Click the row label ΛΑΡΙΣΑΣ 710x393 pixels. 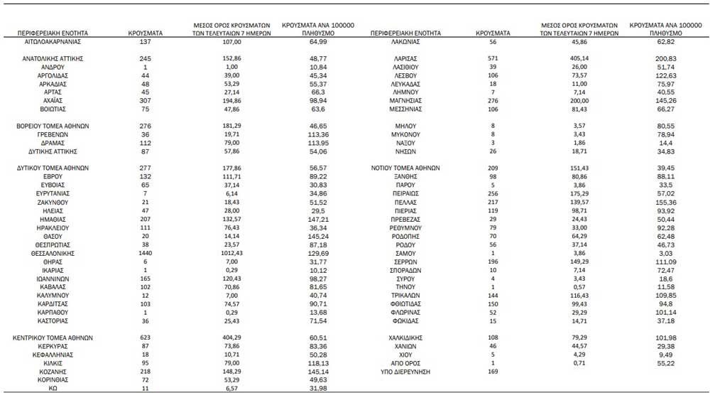(405, 58)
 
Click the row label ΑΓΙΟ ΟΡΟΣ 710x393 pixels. (405, 363)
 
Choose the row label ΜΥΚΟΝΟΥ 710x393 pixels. (405, 134)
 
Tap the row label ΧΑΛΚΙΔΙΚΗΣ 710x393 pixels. (405, 338)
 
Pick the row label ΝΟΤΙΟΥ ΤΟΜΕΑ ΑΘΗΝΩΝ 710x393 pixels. (405, 168)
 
